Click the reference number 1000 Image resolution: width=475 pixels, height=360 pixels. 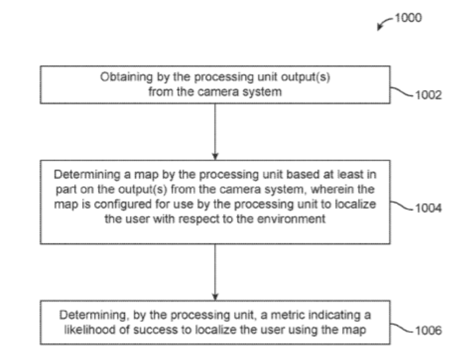click(x=408, y=18)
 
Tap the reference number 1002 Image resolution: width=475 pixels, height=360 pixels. click(x=428, y=95)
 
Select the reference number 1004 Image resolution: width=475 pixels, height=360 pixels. click(x=428, y=208)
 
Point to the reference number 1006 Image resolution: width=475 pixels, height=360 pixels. click(x=428, y=330)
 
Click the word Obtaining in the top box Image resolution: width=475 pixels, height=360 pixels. click(x=126, y=77)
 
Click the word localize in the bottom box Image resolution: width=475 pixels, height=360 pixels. click(x=216, y=330)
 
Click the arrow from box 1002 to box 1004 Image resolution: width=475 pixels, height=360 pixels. click(x=215, y=132)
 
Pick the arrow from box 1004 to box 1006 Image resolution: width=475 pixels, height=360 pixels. click(x=215, y=272)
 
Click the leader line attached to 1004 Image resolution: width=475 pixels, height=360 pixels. click(x=402, y=206)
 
